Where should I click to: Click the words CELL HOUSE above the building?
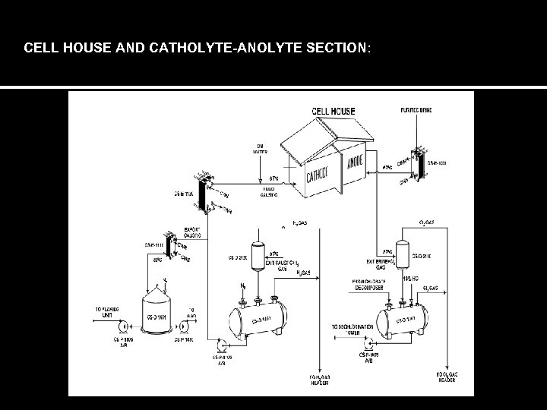click(334, 112)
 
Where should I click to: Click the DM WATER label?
click(261, 147)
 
